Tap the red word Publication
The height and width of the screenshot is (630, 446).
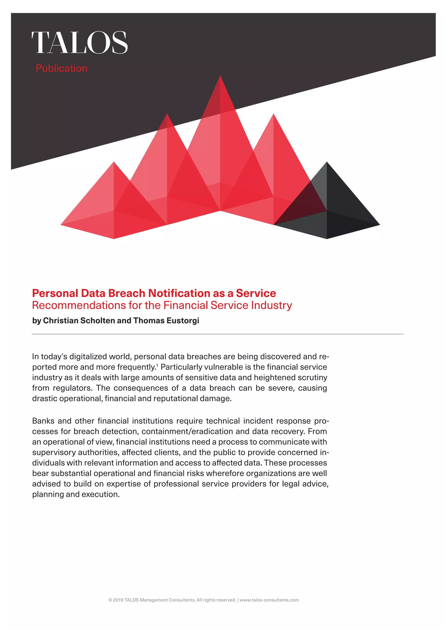coord(61,68)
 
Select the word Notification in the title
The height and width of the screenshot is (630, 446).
coord(179,293)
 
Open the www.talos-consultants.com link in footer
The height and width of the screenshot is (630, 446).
coord(269,600)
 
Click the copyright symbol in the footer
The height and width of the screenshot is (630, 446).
coord(110,600)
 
